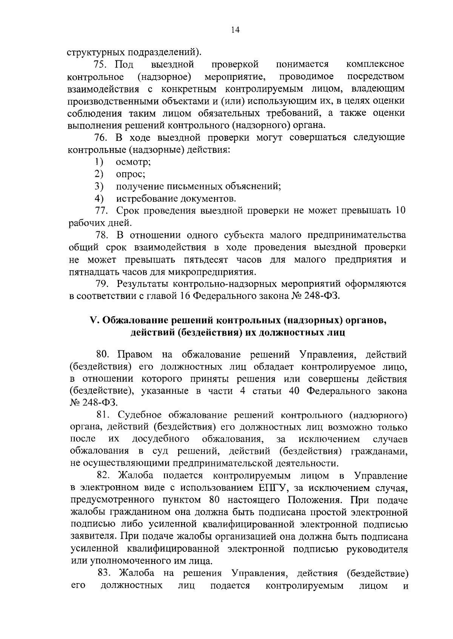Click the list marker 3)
[x=99, y=186]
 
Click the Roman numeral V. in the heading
[x=94, y=321]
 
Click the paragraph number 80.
[x=103, y=354]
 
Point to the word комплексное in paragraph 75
[x=375, y=64]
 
